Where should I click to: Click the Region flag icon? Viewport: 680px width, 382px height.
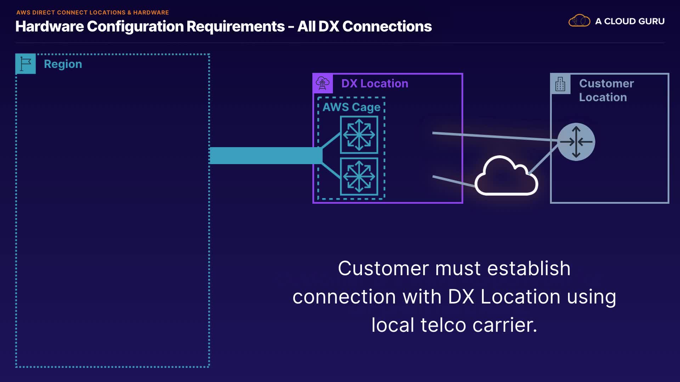coord(25,64)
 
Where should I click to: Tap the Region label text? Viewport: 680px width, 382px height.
coord(63,64)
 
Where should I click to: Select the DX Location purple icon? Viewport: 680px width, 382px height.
coord(323,83)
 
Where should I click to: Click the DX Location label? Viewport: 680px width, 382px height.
coord(375,83)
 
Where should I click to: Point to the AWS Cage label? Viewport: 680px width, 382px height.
coord(351,107)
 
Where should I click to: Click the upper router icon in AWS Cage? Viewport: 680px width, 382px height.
coord(359,135)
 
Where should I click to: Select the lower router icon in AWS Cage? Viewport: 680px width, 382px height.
coord(359,176)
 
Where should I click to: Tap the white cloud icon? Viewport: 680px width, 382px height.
coord(506,177)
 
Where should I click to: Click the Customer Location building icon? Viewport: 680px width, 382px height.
coord(560,84)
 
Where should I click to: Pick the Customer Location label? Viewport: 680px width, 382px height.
coord(606,90)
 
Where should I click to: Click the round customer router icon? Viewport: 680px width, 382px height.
coord(576,142)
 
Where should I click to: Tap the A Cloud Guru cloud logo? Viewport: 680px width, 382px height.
coord(579,21)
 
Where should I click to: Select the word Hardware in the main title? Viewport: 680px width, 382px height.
coord(50,27)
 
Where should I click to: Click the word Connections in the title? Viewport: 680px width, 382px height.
coord(387,27)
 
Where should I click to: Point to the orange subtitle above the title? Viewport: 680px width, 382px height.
coord(92,12)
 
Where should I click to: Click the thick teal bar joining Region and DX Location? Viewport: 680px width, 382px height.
coord(266,156)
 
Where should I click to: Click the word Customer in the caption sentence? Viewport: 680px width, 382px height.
coord(384,268)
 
